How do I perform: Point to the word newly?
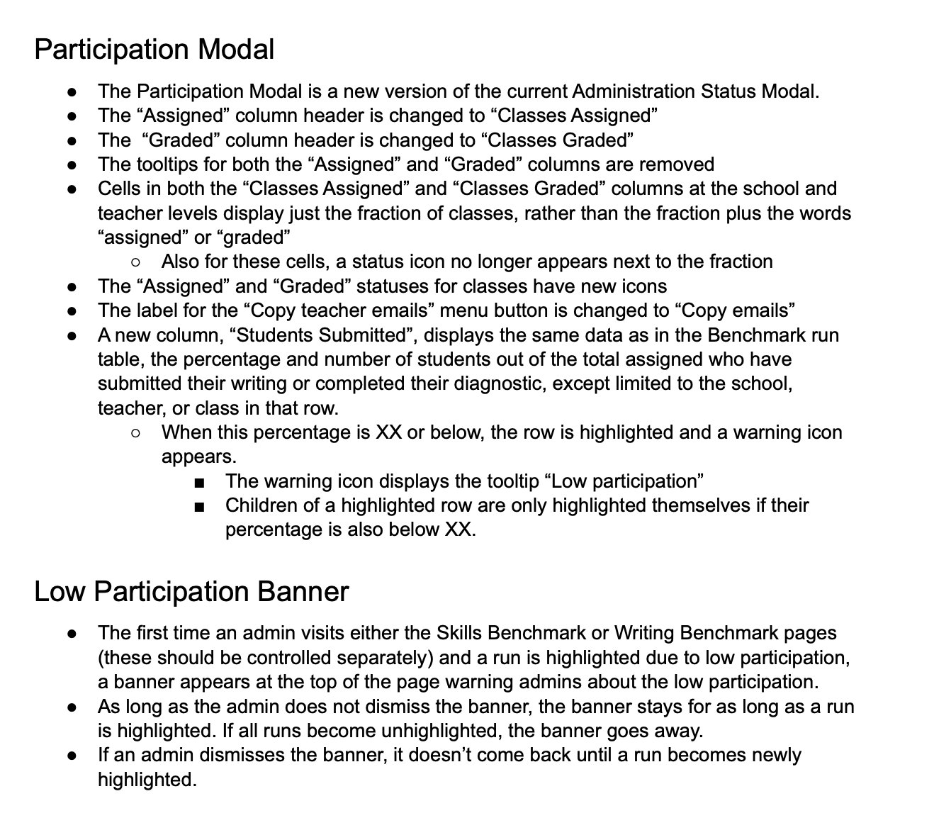[774, 755]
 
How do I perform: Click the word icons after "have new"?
[641, 286]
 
